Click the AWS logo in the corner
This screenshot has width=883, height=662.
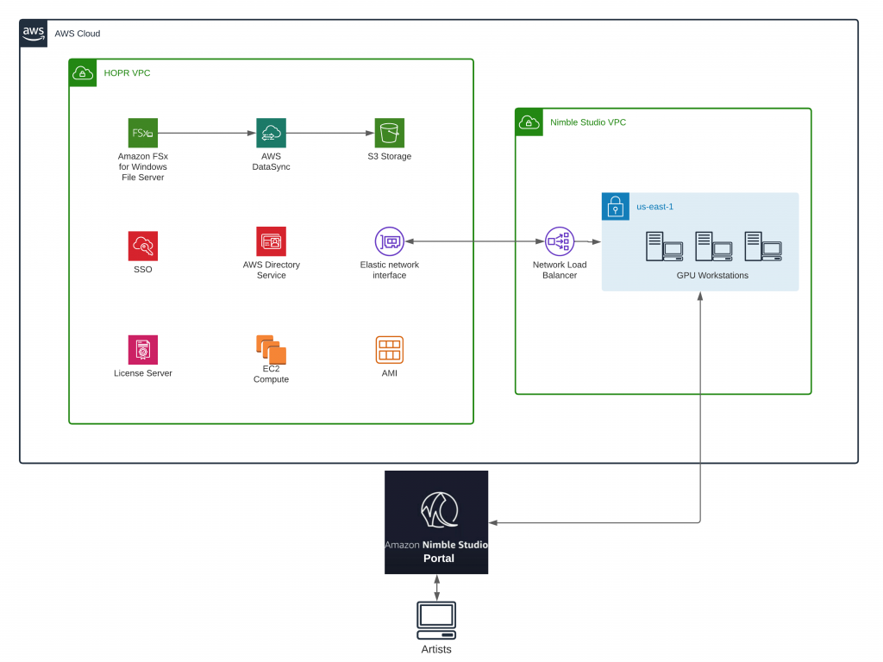click(x=34, y=34)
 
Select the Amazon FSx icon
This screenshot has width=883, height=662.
click(x=143, y=134)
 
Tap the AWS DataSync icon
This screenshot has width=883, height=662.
click(x=271, y=134)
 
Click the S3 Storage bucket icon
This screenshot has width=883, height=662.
click(x=390, y=134)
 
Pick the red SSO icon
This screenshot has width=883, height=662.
click(x=143, y=247)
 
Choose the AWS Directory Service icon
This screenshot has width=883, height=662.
click(x=271, y=241)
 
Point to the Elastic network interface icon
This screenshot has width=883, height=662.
click(x=390, y=241)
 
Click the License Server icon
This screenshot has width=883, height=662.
click(x=143, y=350)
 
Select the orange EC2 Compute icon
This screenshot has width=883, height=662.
click(x=271, y=349)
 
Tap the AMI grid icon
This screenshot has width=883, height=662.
click(x=390, y=350)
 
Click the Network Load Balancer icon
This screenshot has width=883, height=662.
click(x=560, y=241)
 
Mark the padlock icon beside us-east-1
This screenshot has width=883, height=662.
click(x=614, y=207)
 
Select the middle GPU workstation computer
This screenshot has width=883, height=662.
click(x=713, y=247)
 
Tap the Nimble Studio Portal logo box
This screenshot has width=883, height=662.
click(x=436, y=522)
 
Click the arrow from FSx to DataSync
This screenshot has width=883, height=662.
click(x=207, y=134)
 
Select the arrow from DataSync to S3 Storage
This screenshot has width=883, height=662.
click(x=330, y=134)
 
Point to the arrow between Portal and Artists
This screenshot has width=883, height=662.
click(x=437, y=588)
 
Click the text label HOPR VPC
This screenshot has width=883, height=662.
click(x=127, y=73)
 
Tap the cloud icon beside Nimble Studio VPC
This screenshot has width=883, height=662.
click(x=528, y=122)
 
